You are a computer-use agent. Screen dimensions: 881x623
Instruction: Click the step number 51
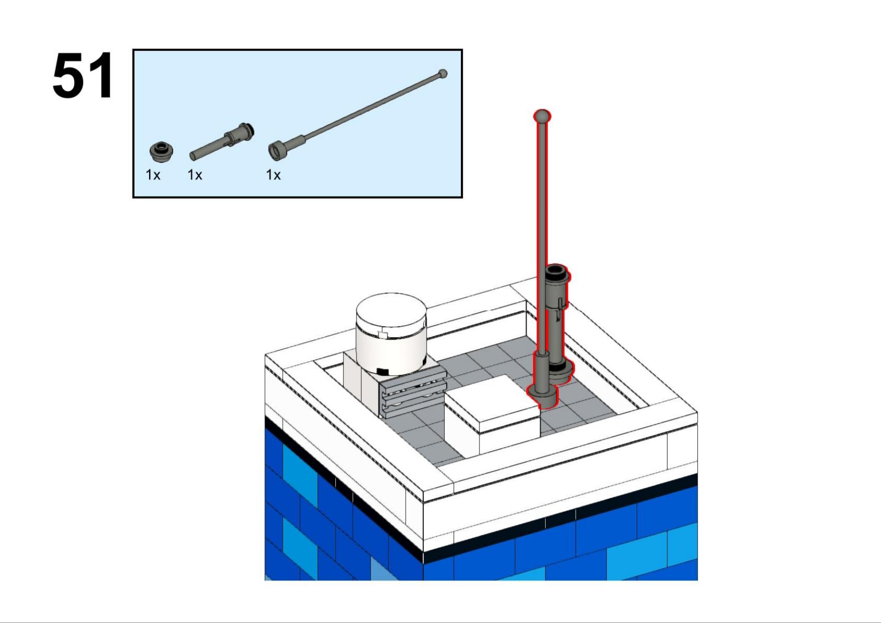coord(83,75)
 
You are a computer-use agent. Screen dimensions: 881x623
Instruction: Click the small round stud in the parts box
coord(162,151)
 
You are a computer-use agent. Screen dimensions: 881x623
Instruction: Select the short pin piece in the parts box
coord(221,141)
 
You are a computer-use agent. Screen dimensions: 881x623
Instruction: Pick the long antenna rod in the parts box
coord(358,115)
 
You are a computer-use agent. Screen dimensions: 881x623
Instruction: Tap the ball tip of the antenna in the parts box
coord(442,74)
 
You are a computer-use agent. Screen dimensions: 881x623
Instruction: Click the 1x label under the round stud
coord(153,175)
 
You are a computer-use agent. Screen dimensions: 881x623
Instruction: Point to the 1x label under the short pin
coord(195,175)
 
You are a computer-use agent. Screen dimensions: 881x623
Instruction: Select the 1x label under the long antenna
coord(273,175)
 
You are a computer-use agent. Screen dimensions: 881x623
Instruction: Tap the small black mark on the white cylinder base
coord(383,371)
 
